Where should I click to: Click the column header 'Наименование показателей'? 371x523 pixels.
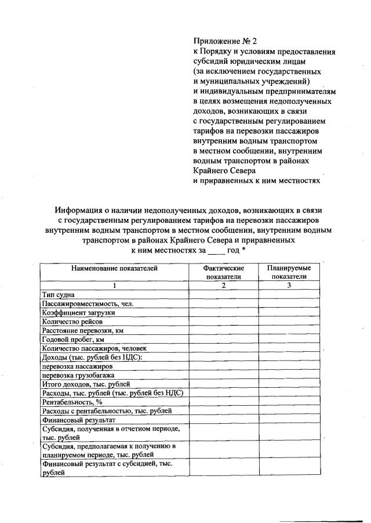[x=114, y=268]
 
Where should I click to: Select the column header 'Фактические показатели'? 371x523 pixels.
[x=223, y=273]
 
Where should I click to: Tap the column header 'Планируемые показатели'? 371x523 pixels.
[x=289, y=273]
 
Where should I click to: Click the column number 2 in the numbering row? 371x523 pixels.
[x=223, y=286]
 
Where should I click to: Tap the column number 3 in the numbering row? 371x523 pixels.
[x=289, y=286]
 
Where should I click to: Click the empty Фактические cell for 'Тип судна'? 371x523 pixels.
[x=223, y=295]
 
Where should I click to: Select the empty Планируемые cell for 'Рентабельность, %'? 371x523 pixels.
[x=289, y=402]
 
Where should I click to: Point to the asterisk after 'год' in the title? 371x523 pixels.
[x=243, y=250]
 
